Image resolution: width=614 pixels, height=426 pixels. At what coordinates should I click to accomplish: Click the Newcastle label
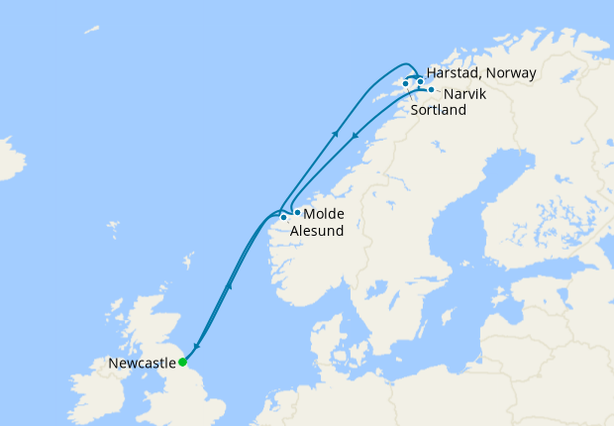point(140,364)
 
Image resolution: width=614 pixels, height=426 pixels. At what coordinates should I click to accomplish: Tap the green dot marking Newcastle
point(182,362)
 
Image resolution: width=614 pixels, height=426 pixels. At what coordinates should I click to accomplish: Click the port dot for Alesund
point(284,217)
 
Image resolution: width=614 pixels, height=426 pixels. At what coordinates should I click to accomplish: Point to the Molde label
point(324,214)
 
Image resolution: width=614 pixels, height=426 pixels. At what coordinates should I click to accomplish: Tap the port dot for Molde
point(297,212)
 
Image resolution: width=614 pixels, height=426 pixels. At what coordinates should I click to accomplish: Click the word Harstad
point(454,73)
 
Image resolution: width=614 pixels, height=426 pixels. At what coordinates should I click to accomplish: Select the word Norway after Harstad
point(510,73)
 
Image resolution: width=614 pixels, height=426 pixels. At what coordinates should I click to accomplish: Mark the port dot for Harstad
point(420,81)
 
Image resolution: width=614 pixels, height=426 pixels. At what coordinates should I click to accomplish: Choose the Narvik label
point(465,94)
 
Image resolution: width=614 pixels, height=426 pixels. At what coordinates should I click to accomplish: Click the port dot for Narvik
point(431,90)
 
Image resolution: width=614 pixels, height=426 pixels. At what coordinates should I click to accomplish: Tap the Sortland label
point(437,111)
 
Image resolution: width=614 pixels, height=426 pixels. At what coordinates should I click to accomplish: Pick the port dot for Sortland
point(406,83)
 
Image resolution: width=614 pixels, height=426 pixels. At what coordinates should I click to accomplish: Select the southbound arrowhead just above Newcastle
point(196,346)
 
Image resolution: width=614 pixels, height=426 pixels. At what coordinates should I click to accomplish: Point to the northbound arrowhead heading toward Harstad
point(337,134)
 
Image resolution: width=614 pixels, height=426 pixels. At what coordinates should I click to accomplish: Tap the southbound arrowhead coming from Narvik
point(355,135)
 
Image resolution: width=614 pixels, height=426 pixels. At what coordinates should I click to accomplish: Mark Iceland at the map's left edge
point(8,159)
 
